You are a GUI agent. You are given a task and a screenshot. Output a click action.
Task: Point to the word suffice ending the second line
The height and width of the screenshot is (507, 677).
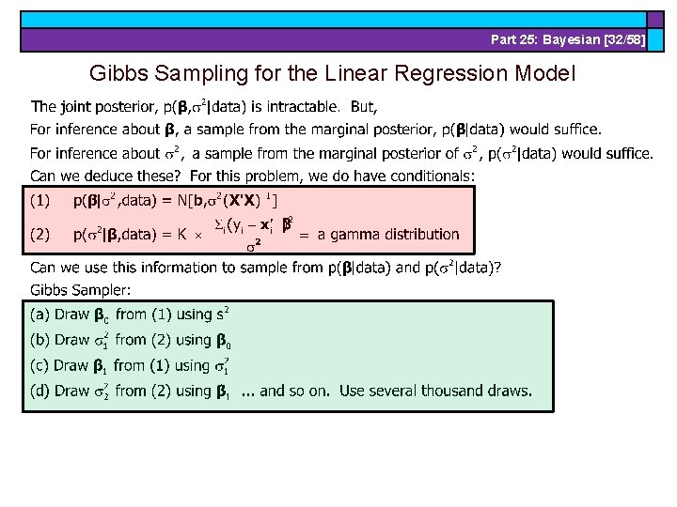pyautogui.click(x=573, y=129)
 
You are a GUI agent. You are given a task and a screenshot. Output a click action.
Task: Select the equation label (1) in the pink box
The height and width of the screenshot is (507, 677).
pyautogui.click(x=41, y=200)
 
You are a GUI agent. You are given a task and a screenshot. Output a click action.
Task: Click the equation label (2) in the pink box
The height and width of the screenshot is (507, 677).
pyautogui.click(x=41, y=235)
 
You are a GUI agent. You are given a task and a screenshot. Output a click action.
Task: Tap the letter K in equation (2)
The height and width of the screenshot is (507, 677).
pyautogui.click(x=184, y=235)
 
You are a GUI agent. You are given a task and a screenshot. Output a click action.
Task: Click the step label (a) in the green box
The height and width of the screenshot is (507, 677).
pyautogui.click(x=40, y=315)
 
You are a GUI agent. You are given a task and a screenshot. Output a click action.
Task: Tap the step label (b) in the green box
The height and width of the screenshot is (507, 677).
pyautogui.click(x=40, y=340)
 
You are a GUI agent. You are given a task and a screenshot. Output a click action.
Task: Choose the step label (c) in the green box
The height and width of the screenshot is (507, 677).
pyautogui.click(x=40, y=365)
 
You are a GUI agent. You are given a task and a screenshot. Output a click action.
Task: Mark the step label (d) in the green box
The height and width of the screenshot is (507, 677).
pyautogui.click(x=40, y=391)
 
